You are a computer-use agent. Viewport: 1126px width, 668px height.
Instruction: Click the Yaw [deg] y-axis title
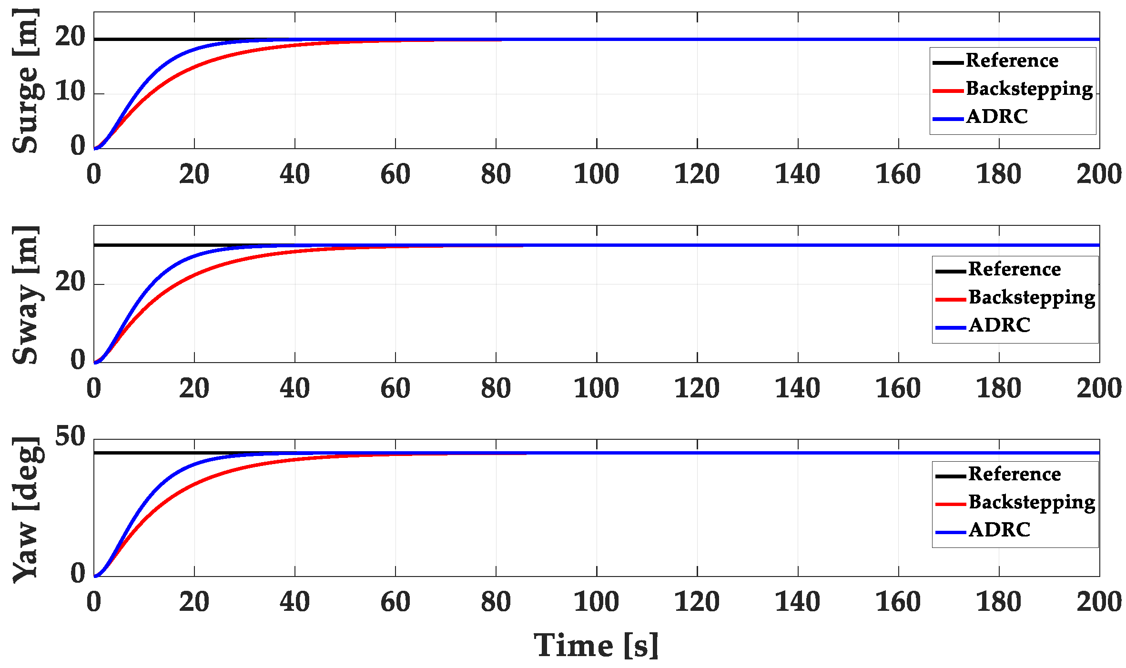(26, 510)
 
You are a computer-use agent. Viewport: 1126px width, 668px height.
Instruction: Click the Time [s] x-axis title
(596, 646)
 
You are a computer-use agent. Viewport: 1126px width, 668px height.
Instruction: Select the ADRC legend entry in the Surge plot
(997, 117)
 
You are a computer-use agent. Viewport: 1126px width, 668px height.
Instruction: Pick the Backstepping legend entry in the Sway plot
(1032, 298)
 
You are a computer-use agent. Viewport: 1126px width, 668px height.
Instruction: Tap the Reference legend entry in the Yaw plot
(1014, 474)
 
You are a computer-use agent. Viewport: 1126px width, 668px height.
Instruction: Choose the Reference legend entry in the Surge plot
(1012, 61)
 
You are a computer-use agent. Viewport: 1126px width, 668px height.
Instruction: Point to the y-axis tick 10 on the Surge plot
(70, 91)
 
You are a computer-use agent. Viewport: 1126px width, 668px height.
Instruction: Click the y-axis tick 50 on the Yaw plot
(70, 436)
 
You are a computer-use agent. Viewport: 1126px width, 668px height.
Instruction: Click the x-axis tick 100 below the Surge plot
(596, 174)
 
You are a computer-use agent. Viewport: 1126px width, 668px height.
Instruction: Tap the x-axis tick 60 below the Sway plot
(395, 388)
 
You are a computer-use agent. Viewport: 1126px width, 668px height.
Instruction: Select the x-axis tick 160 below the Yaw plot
(898, 602)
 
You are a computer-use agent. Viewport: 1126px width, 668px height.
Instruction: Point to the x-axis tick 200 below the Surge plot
(1099, 174)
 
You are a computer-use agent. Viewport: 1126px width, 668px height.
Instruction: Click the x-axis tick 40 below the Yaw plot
(294, 602)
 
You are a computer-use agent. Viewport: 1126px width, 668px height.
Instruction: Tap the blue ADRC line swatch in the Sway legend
(950, 328)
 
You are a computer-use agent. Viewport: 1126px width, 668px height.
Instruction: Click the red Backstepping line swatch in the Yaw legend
(950, 504)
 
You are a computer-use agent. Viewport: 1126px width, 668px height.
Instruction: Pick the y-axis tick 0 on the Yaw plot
(78, 574)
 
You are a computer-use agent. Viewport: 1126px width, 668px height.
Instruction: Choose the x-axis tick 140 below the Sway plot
(798, 388)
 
